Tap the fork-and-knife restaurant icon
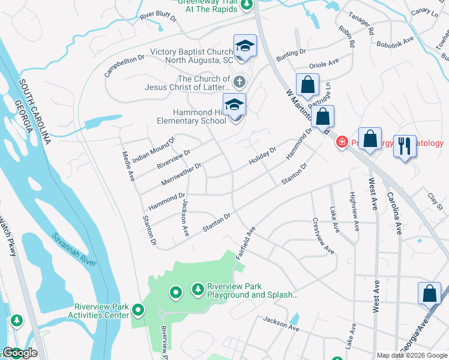405,145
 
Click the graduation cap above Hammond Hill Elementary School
234,104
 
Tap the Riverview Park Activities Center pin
138,310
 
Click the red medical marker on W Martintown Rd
342,142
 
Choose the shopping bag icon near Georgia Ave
429,293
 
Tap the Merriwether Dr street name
181,174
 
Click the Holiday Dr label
262,157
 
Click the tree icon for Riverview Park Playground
197,290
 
